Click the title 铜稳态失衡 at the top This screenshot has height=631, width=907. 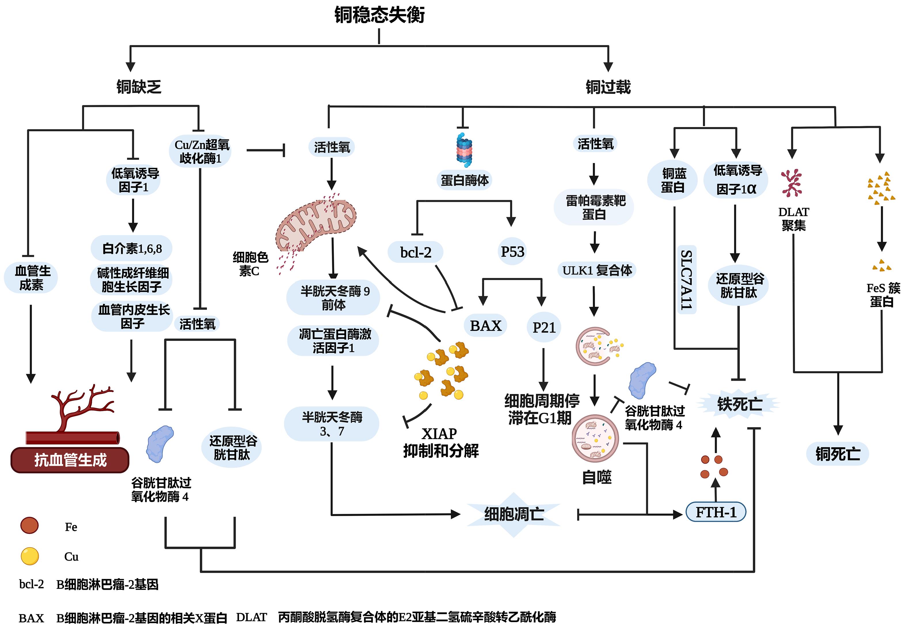coord(379,15)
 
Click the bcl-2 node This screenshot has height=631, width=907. coord(416,252)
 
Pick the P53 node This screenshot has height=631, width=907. coord(512,251)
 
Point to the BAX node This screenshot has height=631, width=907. coord(486,326)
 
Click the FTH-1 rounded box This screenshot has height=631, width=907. coord(716,512)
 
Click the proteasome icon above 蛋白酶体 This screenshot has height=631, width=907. coord(465,150)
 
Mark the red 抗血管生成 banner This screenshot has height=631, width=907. coord(70,460)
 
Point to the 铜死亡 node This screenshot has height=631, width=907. coord(837,454)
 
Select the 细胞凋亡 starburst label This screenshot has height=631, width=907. coord(514,514)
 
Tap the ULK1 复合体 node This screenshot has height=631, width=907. coord(597,270)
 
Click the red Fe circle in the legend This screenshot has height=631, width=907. coord(30,525)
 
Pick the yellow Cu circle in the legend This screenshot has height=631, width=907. coord(30,556)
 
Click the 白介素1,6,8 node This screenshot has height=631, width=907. coord(132,249)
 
